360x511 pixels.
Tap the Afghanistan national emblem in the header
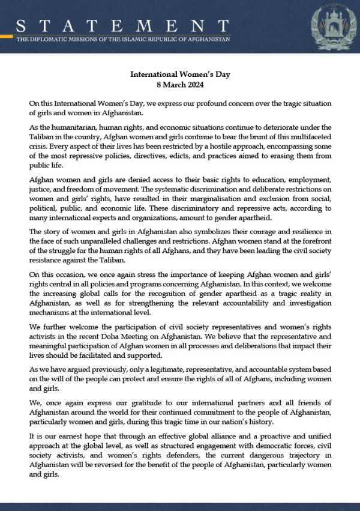click(x=330, y=26)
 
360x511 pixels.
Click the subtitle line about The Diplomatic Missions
click(x=123, y=39)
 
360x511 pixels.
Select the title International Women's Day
click(x=180, y=74)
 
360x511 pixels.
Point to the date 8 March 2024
click(x=180, y=85)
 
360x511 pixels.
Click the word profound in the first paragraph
click(x=205, y=103)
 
